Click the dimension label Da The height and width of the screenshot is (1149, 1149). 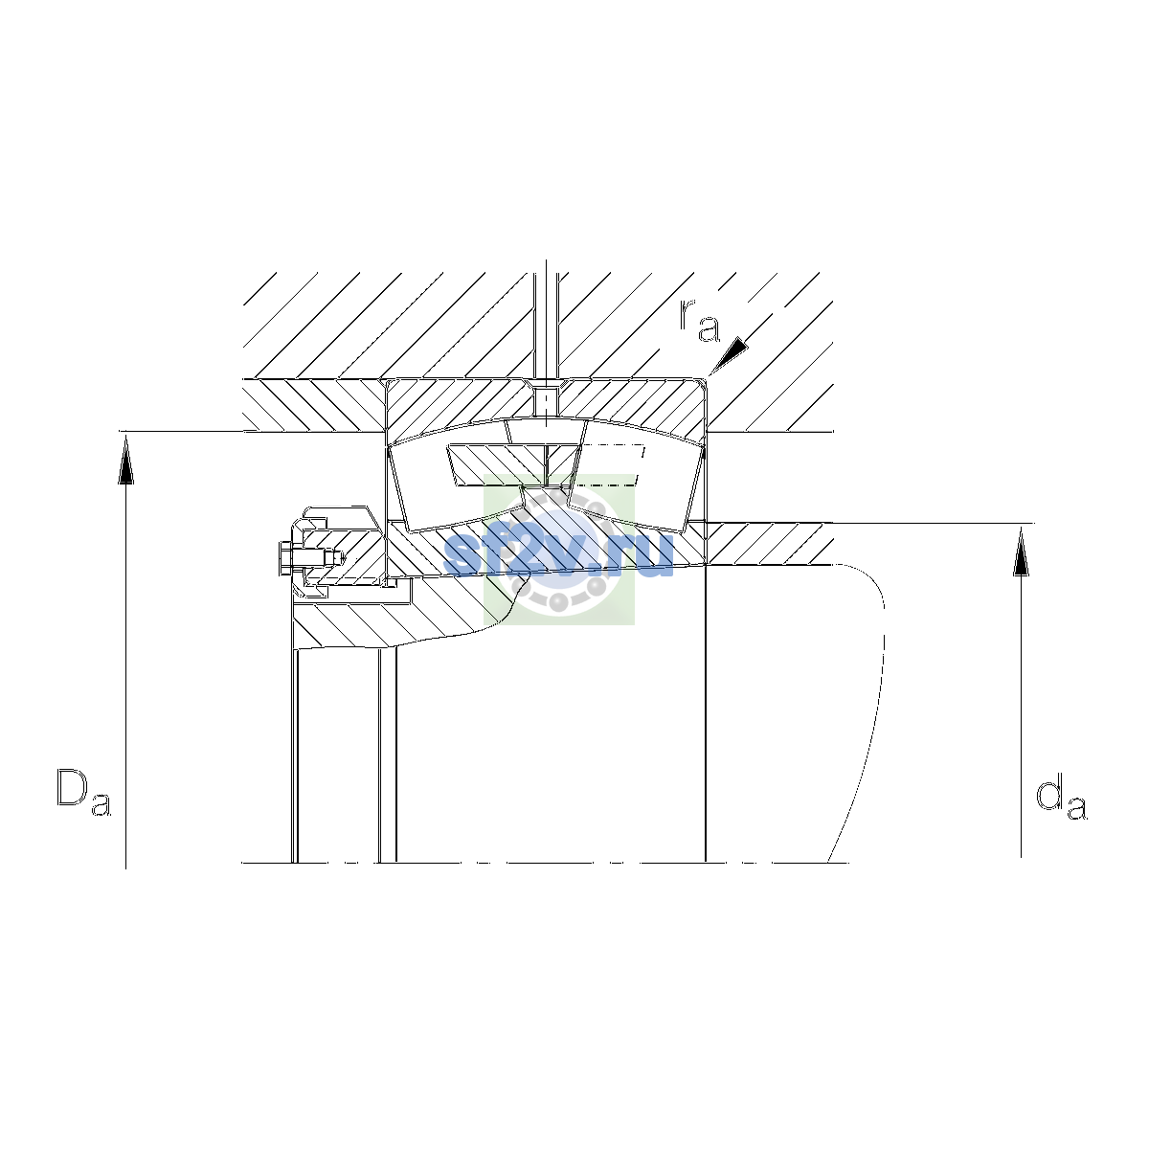coord(83,793)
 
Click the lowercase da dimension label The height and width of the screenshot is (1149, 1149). coord(1061,799)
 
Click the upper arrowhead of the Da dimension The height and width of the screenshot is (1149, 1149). coord(125,460)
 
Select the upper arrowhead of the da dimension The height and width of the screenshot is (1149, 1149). coord(1021,552)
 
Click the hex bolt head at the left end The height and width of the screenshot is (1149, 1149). coord(284,558)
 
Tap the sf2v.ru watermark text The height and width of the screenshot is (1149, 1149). coord(558,555)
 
